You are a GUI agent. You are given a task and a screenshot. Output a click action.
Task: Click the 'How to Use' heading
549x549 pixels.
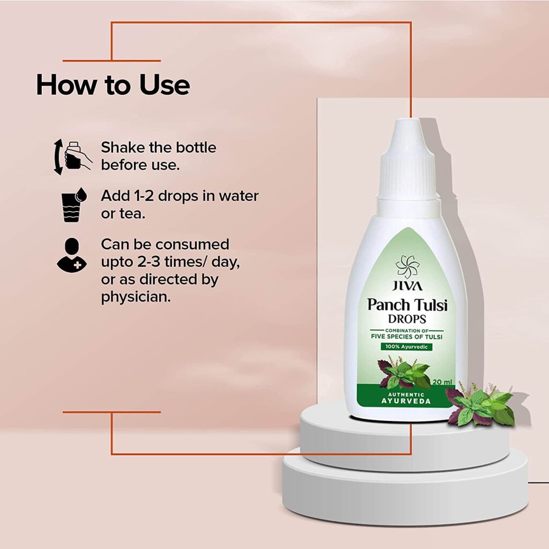click(x=113, y=85)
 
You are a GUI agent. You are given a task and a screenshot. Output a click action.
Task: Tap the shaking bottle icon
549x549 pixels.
click(x=72, y=157)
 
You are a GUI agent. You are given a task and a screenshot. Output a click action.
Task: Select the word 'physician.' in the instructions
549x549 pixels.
click(x=136, y=297)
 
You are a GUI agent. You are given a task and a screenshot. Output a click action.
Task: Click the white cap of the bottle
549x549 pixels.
click(x=408, y=160)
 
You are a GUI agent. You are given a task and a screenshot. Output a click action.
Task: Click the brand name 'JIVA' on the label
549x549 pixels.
click(x=407, y=286)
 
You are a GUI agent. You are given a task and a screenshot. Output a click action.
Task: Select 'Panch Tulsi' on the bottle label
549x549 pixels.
click(x=407, y=305)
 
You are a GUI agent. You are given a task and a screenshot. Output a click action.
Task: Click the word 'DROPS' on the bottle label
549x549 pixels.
click(x=407, y=319)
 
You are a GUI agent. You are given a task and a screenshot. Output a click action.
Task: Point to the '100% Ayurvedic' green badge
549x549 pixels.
click(x=406, y=347)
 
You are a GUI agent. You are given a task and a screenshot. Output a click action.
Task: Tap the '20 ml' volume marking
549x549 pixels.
click(x=442, y=382)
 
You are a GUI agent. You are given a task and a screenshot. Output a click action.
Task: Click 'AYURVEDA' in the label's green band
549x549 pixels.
click(x=406, y=401)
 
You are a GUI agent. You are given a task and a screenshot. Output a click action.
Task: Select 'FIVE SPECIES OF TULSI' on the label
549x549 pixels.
click(x=406, y=337)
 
